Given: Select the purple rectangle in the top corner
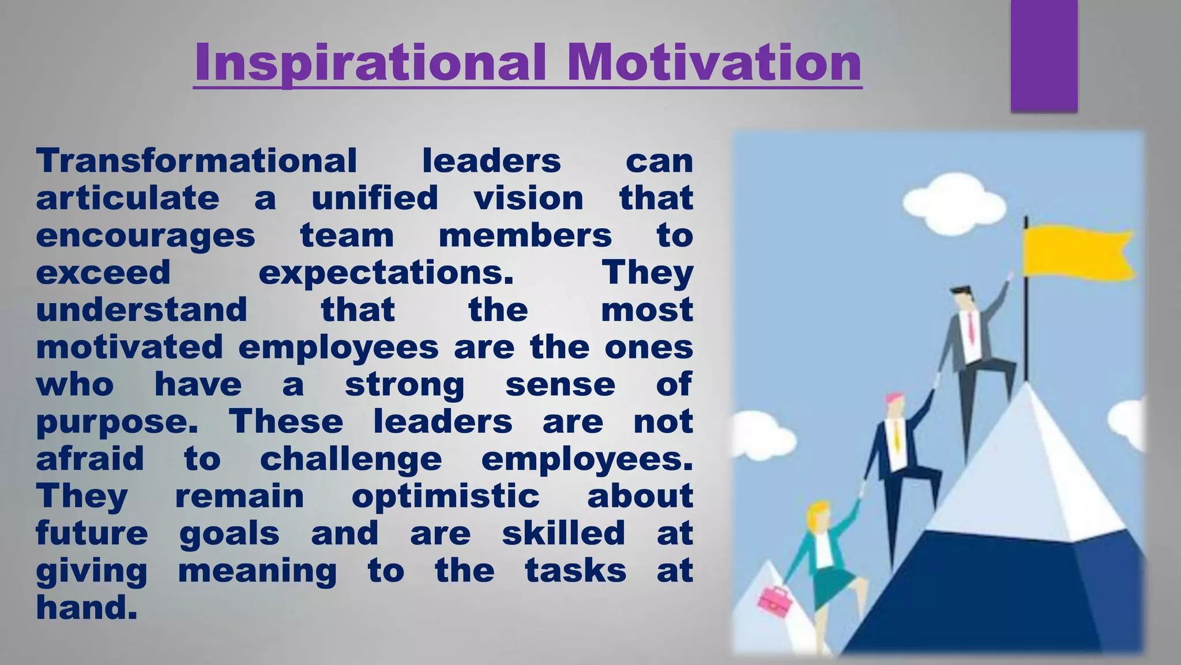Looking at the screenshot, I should click(x=1044, y=55).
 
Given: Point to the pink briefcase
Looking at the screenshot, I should click(x=773, y=599).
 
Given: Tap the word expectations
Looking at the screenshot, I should click(x=386, y=273).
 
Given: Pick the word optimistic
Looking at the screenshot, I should click(x=445, y=496).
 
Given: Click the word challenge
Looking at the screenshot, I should click(x=351, y=459).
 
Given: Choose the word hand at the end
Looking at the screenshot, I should click(x=86, y=608).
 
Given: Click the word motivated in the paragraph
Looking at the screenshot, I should click(x=129, y=348).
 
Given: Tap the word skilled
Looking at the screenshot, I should click(x=563, y=533).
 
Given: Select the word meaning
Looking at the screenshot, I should click(x=257, y=571).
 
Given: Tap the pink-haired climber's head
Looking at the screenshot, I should click(x=894, y=404).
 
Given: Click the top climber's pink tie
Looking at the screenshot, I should click(x=972, y=327).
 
